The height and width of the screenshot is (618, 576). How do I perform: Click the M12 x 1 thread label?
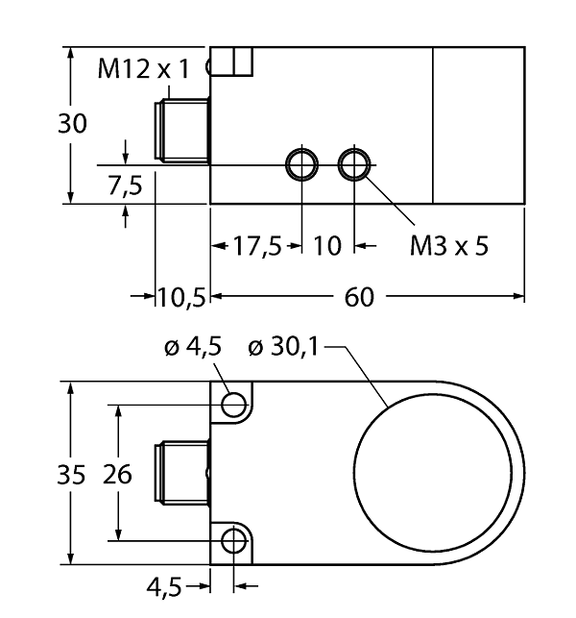tap(144, 68)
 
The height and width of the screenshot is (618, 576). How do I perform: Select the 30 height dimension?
tap(72, 123)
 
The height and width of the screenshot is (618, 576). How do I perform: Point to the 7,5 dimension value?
tap(125, 185)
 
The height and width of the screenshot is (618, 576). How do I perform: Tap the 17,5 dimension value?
tap(257, 246)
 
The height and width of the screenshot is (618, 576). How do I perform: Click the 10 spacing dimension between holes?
tap(327, 246)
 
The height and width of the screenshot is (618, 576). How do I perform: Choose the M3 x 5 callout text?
tap(449, 246)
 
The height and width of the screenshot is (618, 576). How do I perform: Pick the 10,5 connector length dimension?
tap(181, 297)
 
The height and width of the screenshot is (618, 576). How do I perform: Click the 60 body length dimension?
tap(359, 297)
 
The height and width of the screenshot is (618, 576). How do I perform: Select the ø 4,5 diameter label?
tap(193, 347)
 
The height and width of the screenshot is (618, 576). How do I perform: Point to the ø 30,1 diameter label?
tap(283, 347)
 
